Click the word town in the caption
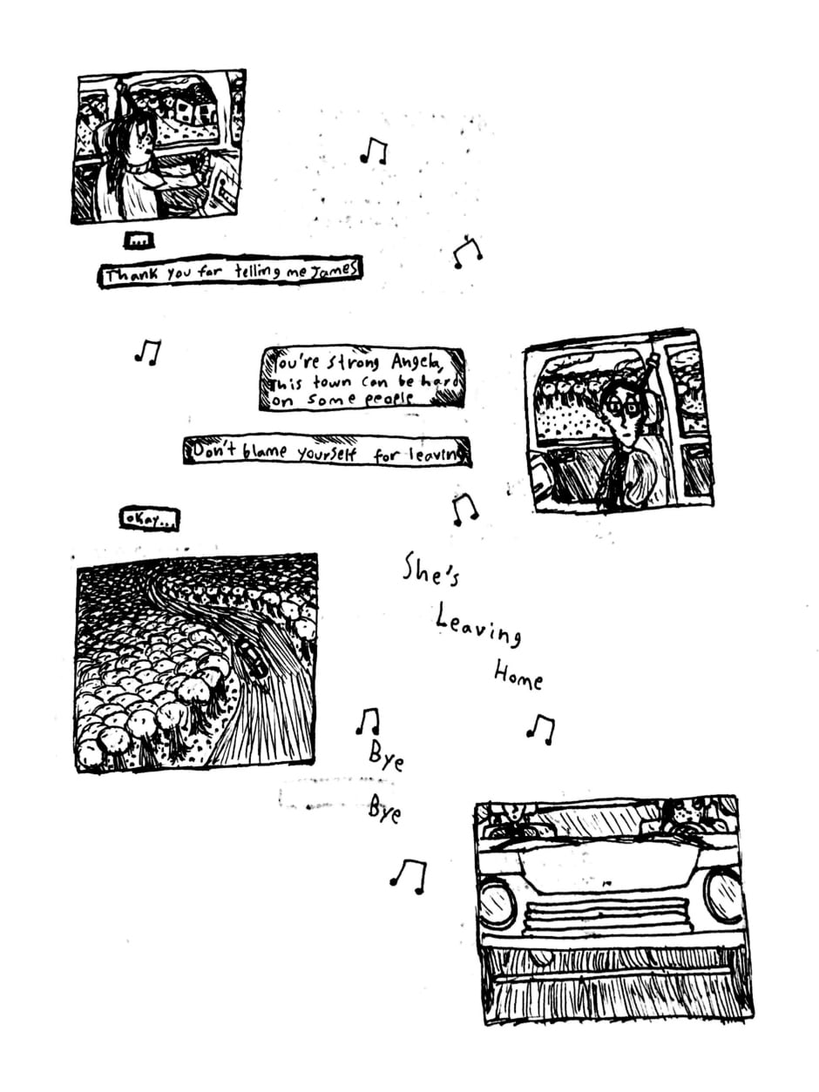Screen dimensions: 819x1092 point(332,383)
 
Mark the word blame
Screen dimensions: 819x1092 point(264,451)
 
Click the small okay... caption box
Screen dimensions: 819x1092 point(149,519)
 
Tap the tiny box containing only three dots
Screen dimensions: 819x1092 point(139,241)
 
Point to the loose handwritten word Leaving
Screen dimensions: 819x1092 point(478,624)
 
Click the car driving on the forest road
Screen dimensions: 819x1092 point(252,657)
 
